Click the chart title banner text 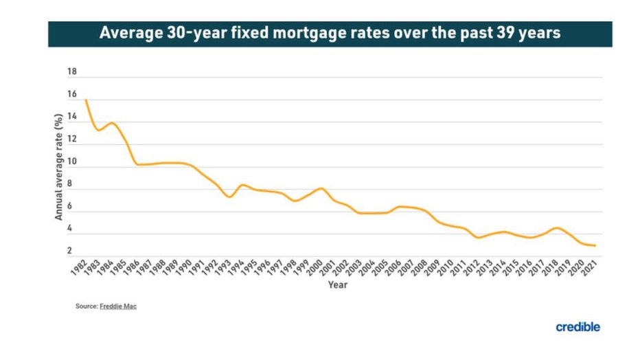pos(330,34)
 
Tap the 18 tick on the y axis pos(72,71)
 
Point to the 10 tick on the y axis pos(72,163)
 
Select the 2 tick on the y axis pos(70,252)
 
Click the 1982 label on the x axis pos(78,269)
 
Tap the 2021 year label pos(588,269)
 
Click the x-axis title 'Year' pos(337,284)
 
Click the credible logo pos(578,327)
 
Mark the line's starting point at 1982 pos(85,100)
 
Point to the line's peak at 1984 pos(111,123)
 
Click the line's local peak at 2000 pos(321,188)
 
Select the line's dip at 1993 pos(229,197)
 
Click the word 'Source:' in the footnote pos(87,306)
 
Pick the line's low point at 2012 pos(478,238)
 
